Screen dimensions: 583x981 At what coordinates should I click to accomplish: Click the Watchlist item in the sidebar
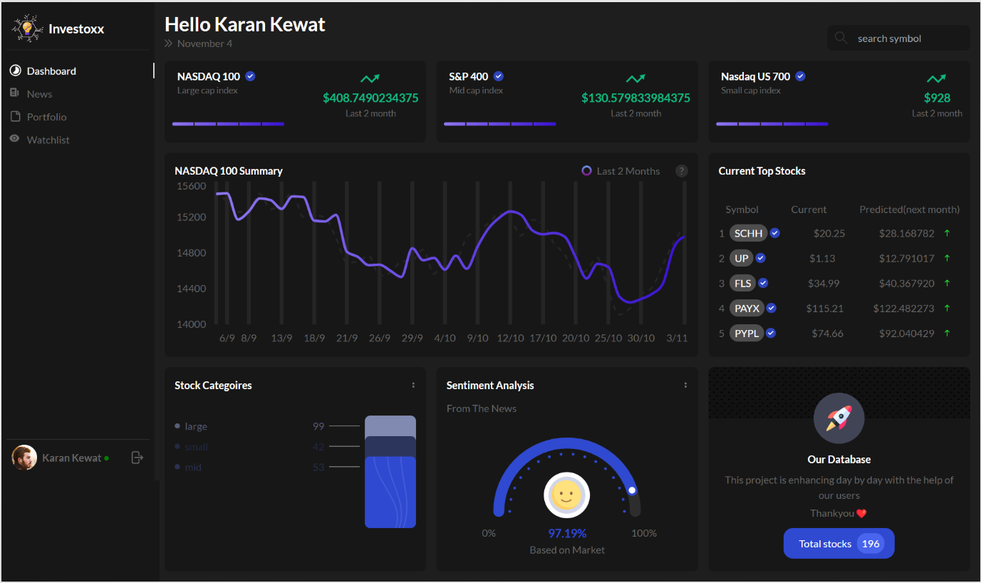click(48, 140)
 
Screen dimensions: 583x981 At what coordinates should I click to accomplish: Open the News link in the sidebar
click(39, 94)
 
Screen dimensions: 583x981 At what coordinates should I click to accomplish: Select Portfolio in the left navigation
click(46, 117)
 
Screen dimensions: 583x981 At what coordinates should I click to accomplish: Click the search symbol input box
click(899, 38)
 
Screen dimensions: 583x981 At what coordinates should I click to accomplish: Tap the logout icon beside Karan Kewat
click(137, 458)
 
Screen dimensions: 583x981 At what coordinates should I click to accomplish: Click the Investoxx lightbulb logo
click(27, 29)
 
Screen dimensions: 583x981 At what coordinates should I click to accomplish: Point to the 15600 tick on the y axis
click(192, 186)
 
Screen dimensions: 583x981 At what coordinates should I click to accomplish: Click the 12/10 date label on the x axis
click(510, 338)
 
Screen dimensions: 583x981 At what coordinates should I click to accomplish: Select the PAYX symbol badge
click(747, 308)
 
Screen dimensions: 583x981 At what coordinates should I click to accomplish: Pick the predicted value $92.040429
click(905, 333)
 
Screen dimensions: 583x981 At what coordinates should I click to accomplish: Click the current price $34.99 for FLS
click(824, 283)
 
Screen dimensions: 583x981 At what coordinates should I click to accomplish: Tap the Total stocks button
click(839, 544)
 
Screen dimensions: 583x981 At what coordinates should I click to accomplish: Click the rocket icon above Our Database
click(839, 418)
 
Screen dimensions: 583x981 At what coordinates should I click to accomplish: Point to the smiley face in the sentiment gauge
click(567, 494)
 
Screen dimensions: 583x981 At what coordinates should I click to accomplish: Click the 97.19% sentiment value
click(567, 533)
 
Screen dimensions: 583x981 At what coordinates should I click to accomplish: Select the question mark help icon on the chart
click(682, 171)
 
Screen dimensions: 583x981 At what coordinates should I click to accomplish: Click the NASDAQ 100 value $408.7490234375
click(370, 98)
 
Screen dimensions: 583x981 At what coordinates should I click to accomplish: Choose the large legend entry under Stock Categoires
click(195, 426)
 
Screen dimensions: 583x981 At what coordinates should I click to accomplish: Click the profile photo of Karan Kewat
click(24, 458)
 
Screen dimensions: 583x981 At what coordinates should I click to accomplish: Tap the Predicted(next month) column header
click(909, 210)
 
